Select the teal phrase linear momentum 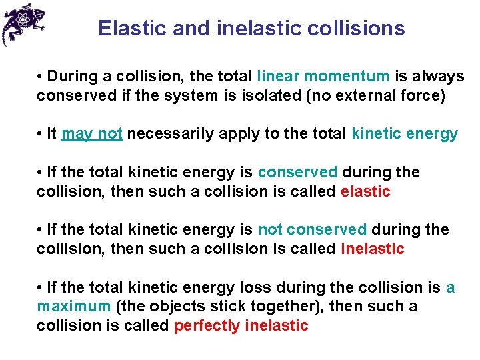(x=323, y=77)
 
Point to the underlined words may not (x=91, y=134)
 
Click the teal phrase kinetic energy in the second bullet (x=405, y=134)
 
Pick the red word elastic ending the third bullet (x=365, y=192)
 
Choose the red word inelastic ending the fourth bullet (x=373, y=249)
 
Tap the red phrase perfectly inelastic (x=241, y=326)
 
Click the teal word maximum (x=74, y=307)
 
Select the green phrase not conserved (x=312, y=230)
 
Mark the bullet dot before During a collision (x=41, y=77)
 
